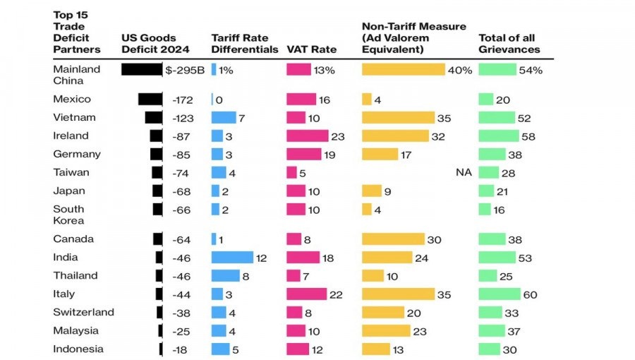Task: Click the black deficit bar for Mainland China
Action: pos(142,70)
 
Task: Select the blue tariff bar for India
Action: pos(232,258)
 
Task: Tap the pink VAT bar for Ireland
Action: pos(307,136)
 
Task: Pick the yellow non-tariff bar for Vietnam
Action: pos(398,117)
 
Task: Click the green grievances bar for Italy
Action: pos(499,294)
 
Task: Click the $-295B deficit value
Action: pos(185,70)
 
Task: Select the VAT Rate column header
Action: pos(311,50)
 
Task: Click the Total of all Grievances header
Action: pos(509,44)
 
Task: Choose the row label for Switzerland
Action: pos(83,312)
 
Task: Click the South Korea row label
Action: pos(68,215)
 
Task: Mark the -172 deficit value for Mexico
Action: pos(183,100)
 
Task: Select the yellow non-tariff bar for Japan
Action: pos(371,191)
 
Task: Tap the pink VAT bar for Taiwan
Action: pos(291,172)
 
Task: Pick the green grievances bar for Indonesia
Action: pos(489,349)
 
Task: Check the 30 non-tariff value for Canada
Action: pos(434,239)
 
